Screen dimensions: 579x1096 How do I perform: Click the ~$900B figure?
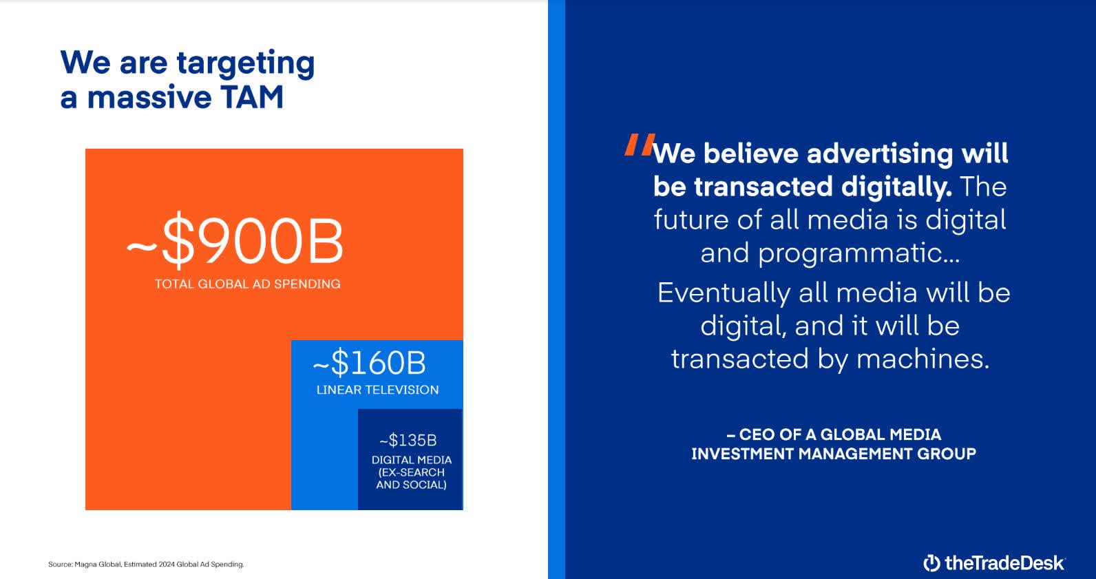(x=234, y=242)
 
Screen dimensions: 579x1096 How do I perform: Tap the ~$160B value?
(x=369, y=363)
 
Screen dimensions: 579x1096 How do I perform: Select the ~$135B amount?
(x=408, y=440)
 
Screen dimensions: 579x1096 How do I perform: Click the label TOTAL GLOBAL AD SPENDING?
(x=247, y=284)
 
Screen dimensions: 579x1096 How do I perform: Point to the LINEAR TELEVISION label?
(x=377, y=390)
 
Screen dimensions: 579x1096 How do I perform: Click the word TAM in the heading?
(x=253, y=96)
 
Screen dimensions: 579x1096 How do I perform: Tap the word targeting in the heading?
(x=246, y=63)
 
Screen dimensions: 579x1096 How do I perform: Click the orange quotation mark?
(x=638, y=145)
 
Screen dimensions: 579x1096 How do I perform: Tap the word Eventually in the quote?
(x=724, y=293)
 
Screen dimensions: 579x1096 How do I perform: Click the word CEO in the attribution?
(x=757, y=434)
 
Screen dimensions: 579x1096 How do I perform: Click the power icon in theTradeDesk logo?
(x=931, y=562)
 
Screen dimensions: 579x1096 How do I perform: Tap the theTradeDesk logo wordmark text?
(x=1004, y=562)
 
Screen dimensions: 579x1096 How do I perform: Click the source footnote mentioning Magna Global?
(x=146, y=565)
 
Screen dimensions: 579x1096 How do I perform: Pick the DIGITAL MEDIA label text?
(x=412, y=460)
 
